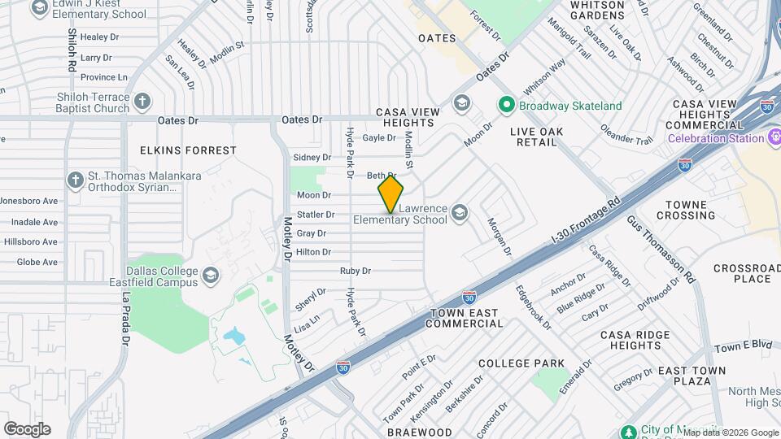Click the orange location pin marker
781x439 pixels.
(390, 193)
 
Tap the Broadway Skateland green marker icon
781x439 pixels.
(506, 106)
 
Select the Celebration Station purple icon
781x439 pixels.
(774, 137)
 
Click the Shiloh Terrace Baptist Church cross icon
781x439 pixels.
(142, 102)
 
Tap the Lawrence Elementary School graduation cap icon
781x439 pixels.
(460, 213)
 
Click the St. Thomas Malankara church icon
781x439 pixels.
(76, 180)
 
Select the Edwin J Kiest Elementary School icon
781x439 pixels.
(39, 7)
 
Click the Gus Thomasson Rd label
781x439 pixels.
(660, 250)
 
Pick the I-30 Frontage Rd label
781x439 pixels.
(586, 219)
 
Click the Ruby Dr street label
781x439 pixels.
(356, 271)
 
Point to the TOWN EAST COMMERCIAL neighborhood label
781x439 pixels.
(467, 318)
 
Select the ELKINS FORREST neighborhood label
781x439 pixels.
(188, 150)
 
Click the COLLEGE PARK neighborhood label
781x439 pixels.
(521, 363)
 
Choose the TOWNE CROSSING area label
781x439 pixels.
(686, 210)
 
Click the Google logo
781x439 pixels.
(27, 429)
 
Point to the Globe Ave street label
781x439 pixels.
(37, 262)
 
